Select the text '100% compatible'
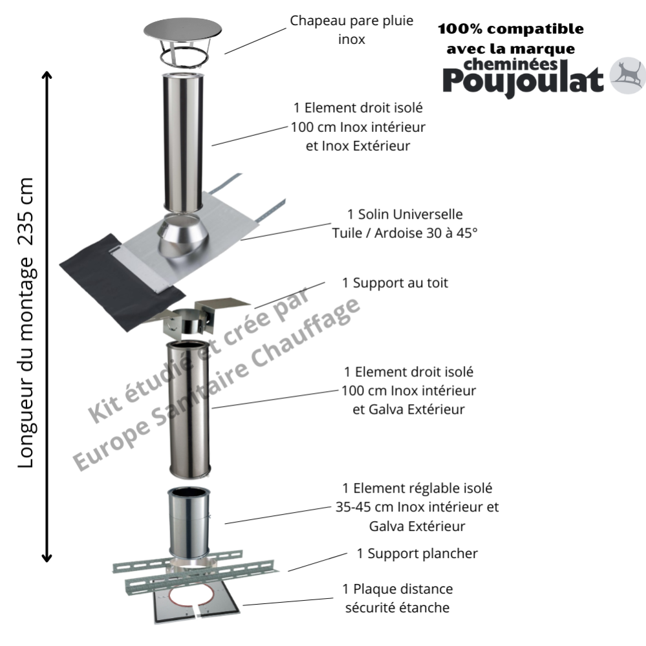(511, 29)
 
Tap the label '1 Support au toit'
(395, 283)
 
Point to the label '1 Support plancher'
(416, 554)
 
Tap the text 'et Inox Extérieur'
(358, 145)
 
